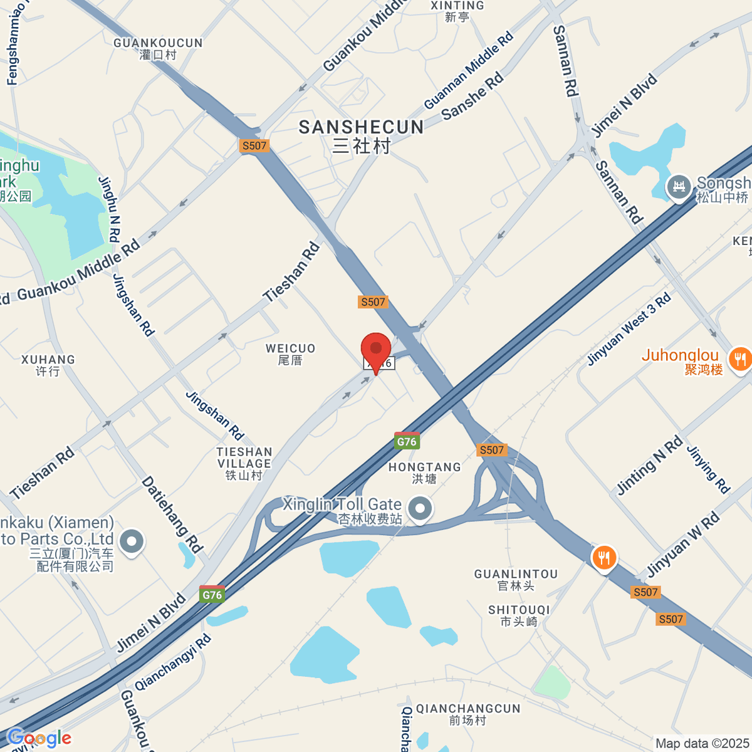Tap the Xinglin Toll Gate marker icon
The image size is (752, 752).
pyautogui.click(x=420, y=509)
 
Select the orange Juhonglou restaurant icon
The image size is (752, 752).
pyautogui.click(x=740, y=358)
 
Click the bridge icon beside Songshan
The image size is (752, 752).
pyautogui.click(x=679, y=187)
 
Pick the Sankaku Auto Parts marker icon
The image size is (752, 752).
pyautogui.click(x=131, y=542)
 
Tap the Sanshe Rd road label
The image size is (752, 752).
pyautogui.click(x=473, y=96)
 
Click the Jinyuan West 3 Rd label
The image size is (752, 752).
pyautogui.click(x=629, y=329)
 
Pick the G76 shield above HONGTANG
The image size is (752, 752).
pyautogui.click(x=407, y=441)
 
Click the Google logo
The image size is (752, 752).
pyautogui.click(x=39, y=738)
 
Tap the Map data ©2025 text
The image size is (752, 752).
pyautogui.click(x=702, y=743)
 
